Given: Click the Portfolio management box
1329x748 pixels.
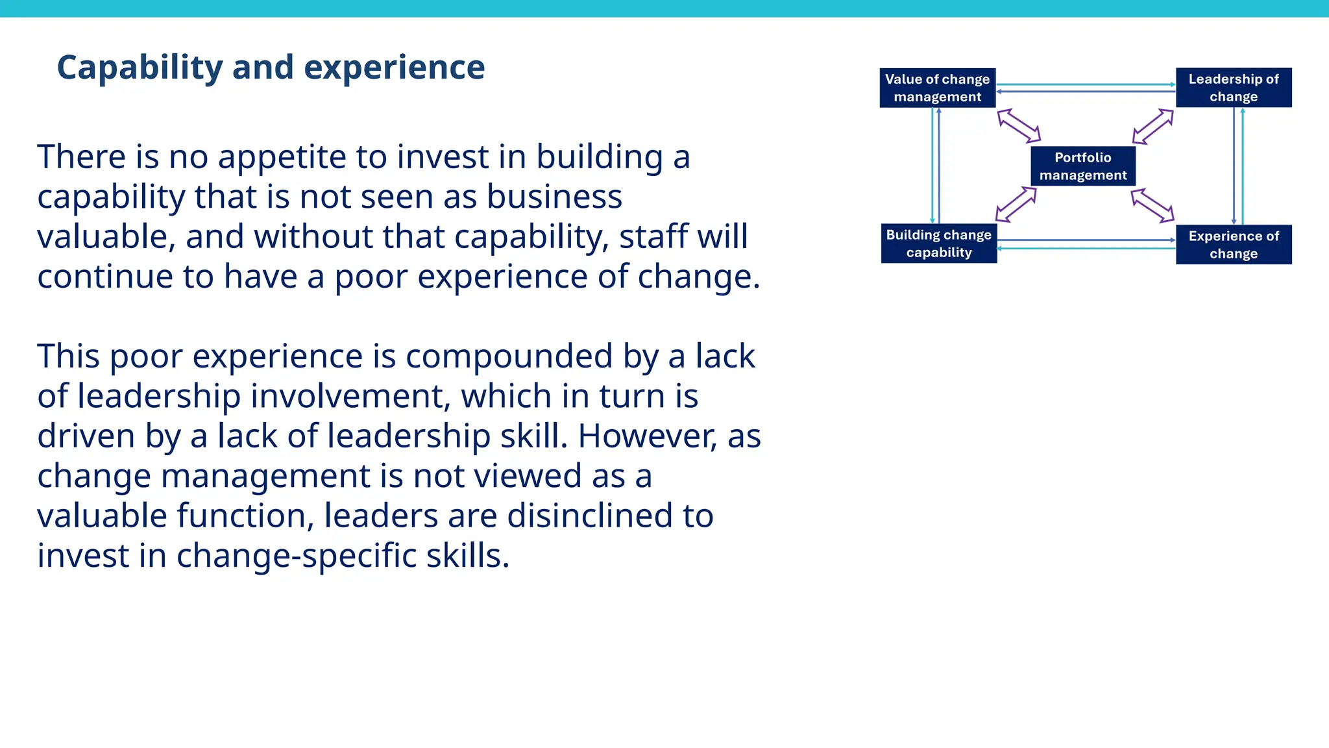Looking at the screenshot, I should click(1083, 166).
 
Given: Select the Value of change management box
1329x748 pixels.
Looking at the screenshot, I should click(937, 88).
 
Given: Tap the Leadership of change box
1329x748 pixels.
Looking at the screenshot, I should click(1233, 88).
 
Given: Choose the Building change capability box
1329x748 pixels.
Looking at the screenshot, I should click(938, 243).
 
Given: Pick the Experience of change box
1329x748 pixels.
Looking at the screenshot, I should click(1233, 245).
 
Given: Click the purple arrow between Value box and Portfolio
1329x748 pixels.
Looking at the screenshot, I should click(1019, 125).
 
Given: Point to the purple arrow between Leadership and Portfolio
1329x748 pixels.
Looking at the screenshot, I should click(1153, 126).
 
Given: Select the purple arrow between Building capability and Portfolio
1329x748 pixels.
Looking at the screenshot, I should click(1016, 204).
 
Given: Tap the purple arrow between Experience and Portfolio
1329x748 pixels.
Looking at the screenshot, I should click(1152, 206).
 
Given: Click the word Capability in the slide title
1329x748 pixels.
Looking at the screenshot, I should click(140, 68).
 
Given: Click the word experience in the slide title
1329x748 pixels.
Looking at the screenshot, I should click(394, 68).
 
